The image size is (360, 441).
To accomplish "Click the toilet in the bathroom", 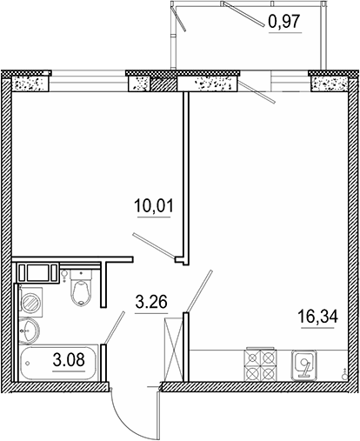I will pyautogui.click(x=81, y=290).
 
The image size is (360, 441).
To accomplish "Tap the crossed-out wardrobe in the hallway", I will pyautogui.click(x=175, y=351).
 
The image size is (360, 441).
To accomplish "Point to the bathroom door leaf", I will pyautogui.click(x=111, y=329).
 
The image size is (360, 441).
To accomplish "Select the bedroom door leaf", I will pyautogui.click(x=152, y=244).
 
